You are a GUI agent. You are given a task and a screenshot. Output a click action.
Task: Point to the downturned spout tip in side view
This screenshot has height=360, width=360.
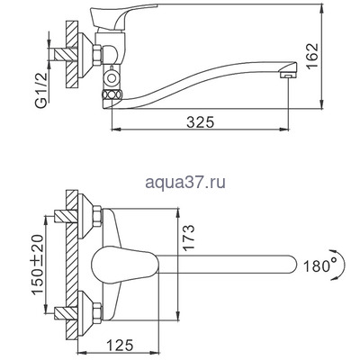(287, 77)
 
